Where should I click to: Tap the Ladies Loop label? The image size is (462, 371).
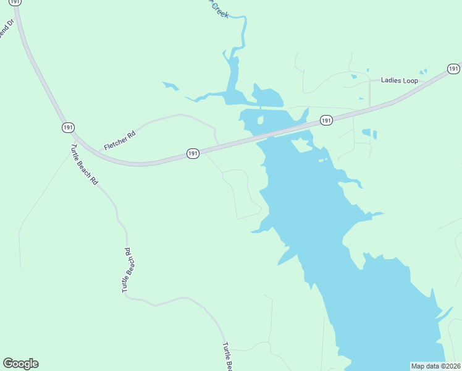[399, 80]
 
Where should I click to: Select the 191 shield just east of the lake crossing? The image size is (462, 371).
[326, 120]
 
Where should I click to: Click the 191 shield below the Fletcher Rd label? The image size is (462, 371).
[193, 153]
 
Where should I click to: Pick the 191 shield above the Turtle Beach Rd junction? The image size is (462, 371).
[68, 127]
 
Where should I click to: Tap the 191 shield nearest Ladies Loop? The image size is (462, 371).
[453, 68]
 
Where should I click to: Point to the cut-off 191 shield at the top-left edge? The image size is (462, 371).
[16, 2]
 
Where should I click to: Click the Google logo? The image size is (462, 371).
[20, 364]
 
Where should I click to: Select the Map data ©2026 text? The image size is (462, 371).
[436, 366]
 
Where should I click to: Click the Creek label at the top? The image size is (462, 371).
[219, 9]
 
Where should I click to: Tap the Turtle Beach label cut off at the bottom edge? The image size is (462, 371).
[227, 357]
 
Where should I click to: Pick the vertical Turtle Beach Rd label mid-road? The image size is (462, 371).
[127, 270]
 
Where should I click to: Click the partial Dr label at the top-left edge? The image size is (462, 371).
[5, 30]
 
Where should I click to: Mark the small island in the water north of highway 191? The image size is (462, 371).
[260, 120]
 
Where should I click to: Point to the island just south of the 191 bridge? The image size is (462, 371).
[302, 145]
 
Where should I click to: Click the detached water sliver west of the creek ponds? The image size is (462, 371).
[170, 87]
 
